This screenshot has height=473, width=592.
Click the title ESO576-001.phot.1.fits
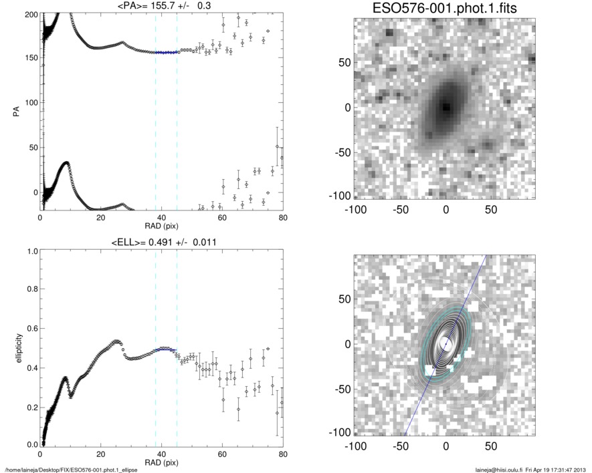click(444, 8)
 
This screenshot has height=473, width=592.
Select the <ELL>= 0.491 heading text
click(161, 242)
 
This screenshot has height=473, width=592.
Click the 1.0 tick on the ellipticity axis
click(30, 251)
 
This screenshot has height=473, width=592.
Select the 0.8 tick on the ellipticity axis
click(30, 290)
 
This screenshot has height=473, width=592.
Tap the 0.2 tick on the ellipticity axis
click(30, 406)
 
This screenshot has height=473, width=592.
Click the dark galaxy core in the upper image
click(446, 106)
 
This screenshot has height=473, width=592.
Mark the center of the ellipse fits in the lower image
click(446, 343)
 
